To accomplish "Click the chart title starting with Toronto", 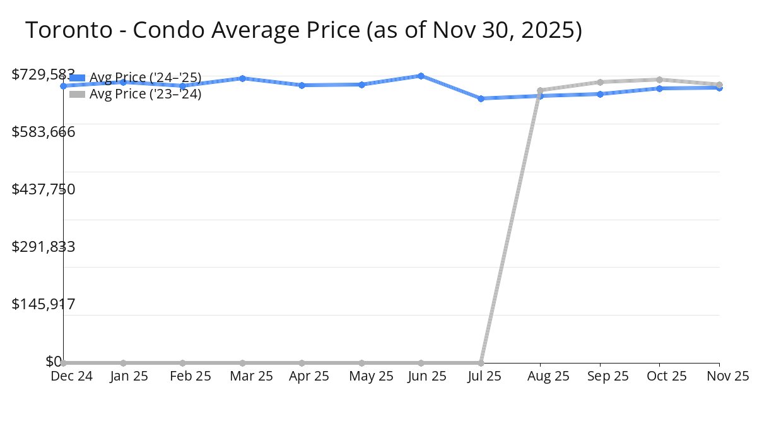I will pos(303,30).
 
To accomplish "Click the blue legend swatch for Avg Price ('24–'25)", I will pos(77,78).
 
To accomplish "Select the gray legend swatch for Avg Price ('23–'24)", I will pos(77,94).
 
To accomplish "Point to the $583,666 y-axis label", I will pos(44,132).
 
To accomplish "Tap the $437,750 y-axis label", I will pos(44,189).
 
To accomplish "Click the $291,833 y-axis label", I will pos(44,247).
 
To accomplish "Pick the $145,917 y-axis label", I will pos(44,304).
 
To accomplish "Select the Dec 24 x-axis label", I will pos(71,376).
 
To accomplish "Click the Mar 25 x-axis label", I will pos(251,376).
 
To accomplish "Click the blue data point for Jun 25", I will pos(421,76).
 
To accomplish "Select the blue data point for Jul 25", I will pos(481,98).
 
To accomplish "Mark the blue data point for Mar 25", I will pos(242,78).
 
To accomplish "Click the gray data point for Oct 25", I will pos(659,80).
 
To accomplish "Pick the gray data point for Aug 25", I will pos(540,90).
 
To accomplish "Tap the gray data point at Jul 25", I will pos(481,363).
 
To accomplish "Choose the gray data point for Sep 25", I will pos(600,82).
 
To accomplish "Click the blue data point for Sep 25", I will pos(600,94).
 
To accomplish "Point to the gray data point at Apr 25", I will pos(302,363).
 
